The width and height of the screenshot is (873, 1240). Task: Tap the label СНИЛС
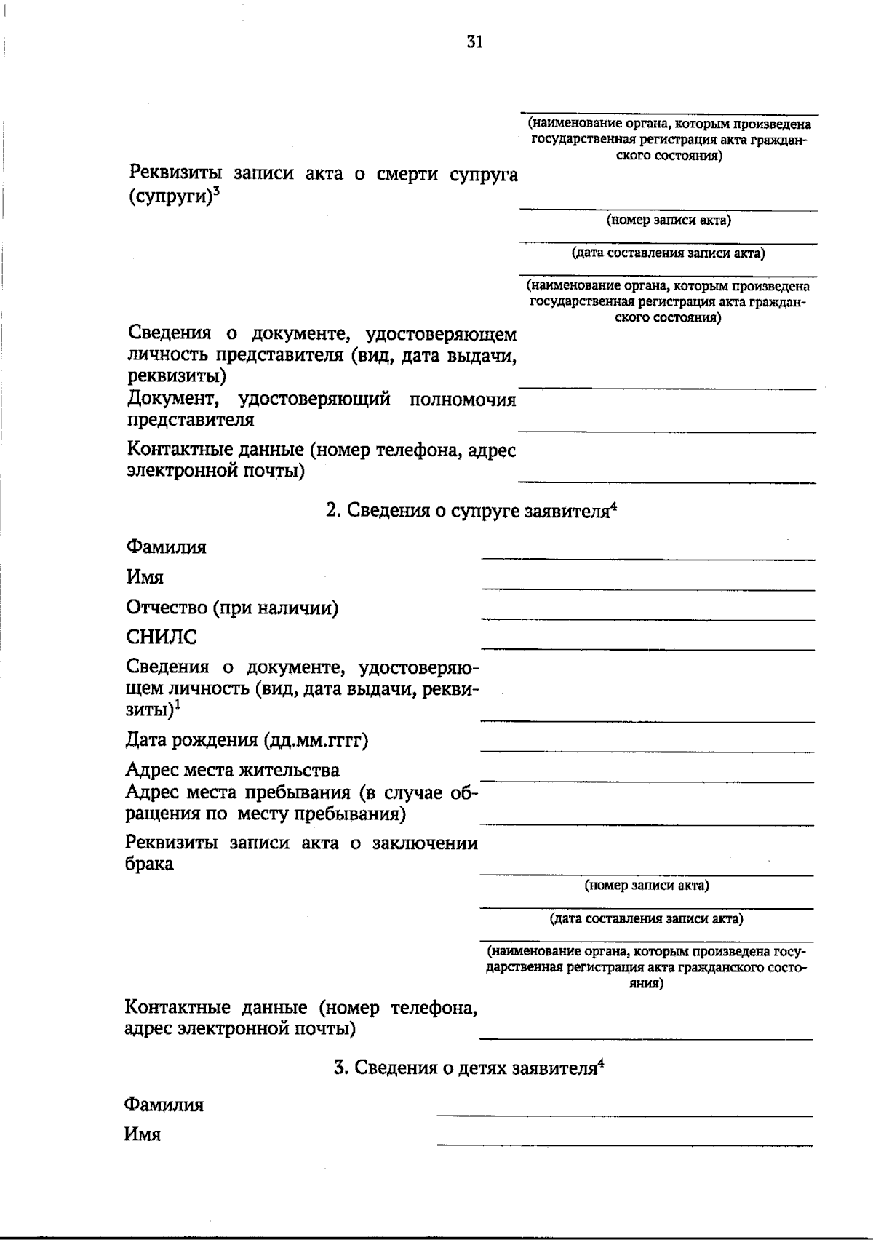tap(162, 637)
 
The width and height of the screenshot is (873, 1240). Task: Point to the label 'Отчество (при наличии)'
tap(232, 608)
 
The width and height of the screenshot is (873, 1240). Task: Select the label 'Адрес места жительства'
tap(232, 770)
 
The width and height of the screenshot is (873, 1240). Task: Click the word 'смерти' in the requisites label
tap(402, 175)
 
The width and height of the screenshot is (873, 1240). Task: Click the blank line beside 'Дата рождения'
tap(647, 749)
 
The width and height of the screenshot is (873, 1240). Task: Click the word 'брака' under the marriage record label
tap(149, 865)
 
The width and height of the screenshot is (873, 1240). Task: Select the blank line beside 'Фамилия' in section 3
tap(624, 1115)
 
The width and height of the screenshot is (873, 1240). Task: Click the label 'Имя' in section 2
tap(145, 578)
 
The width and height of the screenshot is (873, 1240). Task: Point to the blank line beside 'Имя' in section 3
tap(624, 1145)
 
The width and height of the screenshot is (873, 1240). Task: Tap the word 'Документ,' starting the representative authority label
tap(172, 400)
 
